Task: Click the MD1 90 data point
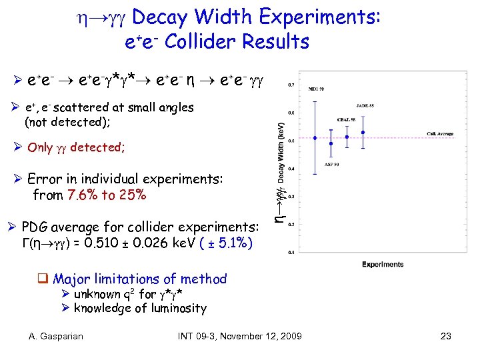[x=315, y=138]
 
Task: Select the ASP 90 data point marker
[x=331, y=143]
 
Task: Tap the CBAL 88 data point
[x=347, y=137]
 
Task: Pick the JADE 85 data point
[x=363, y=132]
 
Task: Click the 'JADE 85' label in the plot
[x=365, y=105]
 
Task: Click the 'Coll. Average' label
[x=440, y=134]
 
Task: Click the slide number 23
[x=446, y=336]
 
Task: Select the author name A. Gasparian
[x=56, y=336]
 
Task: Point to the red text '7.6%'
[x=82, y=195]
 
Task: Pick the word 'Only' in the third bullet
[x=40, y=147]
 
